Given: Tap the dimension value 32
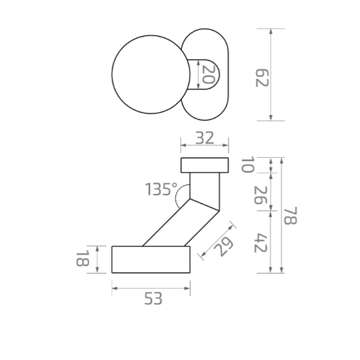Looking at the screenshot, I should tap(204, 137).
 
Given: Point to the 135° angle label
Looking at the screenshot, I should tap(161, 189).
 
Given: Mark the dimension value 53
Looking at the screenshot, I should tap(152, 299).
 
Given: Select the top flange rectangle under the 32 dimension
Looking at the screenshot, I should tap(204, 165).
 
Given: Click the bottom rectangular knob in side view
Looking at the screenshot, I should tap(151, 260).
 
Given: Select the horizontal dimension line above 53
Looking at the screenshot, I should tap(151, 288).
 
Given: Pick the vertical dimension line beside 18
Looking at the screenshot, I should tap(97, 260).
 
